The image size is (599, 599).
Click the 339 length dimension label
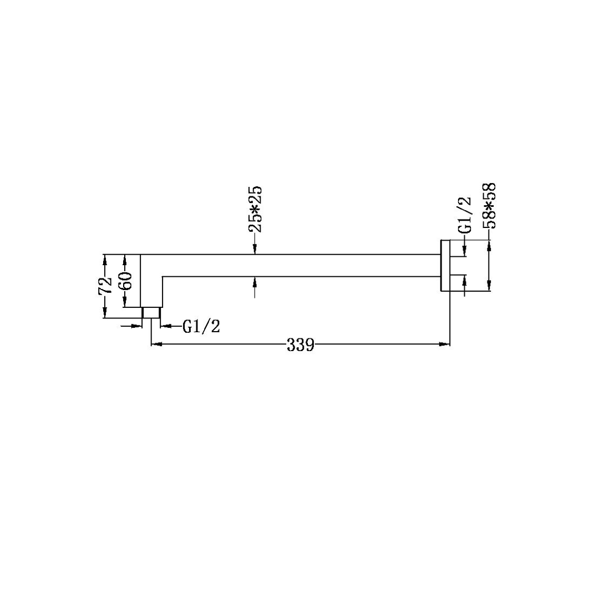[301, 345]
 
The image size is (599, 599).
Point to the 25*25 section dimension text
[255, 210]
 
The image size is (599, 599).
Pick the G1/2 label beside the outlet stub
[201, 327]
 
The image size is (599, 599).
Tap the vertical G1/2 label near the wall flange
[465, 215]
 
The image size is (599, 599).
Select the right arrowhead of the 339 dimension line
[444, 344]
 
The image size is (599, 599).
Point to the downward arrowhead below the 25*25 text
[255, 251]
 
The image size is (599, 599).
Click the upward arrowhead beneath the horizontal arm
[255, 280]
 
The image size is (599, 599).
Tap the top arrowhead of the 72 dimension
[104, 258]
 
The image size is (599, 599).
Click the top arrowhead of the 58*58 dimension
[489, 245]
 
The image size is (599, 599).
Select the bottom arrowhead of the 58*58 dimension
[489, 286]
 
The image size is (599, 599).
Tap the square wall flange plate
[445, 266]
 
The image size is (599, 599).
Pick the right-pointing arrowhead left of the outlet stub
[139, 326]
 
